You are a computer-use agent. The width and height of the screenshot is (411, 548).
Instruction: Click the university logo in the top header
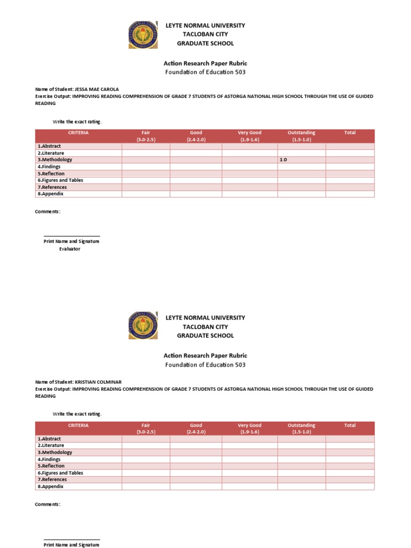click(x=143, y=35)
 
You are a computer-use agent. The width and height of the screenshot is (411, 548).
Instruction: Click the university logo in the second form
click(x=143, y=326)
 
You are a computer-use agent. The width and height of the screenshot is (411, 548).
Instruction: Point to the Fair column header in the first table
click(x=146, y=136)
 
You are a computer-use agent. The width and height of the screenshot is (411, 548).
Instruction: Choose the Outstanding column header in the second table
click(x=301, y=429)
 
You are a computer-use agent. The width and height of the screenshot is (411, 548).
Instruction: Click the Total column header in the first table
click(x=349, y=133)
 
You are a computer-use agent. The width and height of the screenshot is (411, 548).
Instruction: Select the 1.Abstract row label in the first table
click(x=49, y=146)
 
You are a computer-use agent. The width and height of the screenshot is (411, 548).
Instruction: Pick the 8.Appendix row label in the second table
click(x=50, y=486)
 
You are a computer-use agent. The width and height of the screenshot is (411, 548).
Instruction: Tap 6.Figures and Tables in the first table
click(x=60, y=180)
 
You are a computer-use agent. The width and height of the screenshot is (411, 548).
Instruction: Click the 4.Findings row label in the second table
click(x=49, y=459)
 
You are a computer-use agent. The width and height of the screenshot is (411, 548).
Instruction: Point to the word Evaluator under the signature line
click(x=70, y=249)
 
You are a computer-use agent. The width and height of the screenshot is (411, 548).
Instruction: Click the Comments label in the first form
click(x=48, y=211)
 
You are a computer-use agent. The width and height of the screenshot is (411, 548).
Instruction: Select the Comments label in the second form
click(x=48, y=504)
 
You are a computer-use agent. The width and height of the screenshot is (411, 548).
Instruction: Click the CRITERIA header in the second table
click(x=78, y=425)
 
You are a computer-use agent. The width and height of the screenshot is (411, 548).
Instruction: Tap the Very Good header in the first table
click(x=249, y=136)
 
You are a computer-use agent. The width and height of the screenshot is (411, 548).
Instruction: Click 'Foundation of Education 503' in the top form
click(x=205, y=72)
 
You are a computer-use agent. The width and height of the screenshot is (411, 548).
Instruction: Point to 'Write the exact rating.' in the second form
click(x=77, y=414)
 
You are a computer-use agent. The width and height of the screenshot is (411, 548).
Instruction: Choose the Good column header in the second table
click(x=196, y=429)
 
